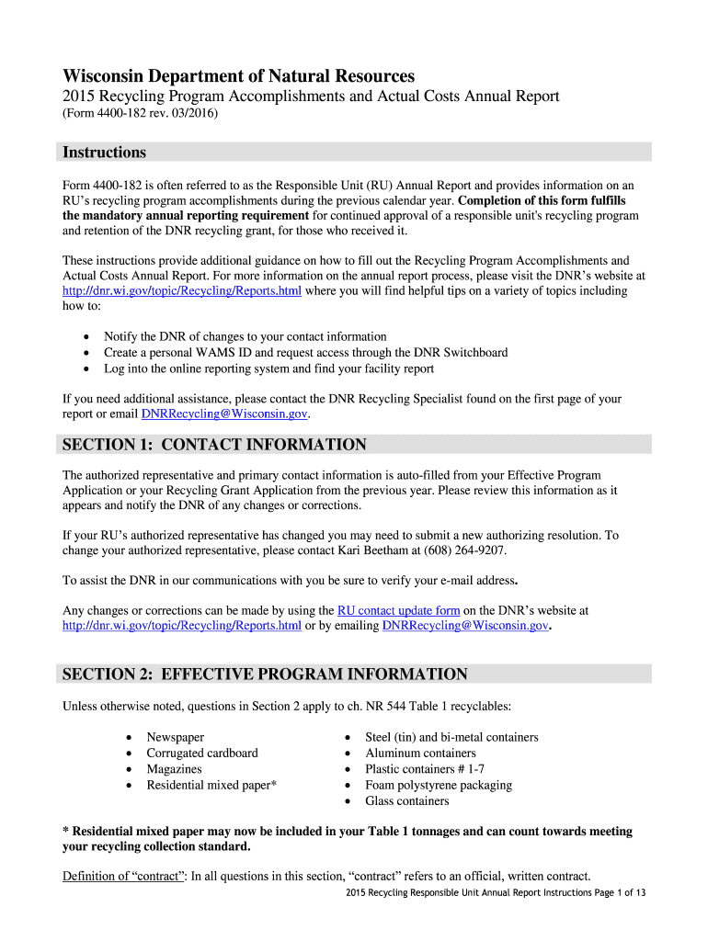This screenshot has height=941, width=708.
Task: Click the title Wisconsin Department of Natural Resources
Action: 238,76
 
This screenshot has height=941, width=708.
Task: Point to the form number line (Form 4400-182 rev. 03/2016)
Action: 140,114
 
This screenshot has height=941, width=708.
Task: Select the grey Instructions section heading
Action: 104,153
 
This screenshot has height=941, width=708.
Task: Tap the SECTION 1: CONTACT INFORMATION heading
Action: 214,445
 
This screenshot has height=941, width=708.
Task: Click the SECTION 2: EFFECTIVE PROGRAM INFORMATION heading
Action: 265,675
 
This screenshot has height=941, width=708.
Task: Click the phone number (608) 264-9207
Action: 464,550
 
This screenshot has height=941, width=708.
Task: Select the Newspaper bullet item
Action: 176,737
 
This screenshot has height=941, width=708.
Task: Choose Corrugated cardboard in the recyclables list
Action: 202,753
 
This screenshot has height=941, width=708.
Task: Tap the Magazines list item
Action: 174,769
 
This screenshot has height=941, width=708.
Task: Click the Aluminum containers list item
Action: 420,753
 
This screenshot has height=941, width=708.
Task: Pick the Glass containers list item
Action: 407,800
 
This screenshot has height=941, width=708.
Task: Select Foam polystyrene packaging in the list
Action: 439,785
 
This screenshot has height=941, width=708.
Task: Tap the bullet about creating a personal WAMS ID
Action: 305,353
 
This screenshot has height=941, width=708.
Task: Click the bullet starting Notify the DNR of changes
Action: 246,336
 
